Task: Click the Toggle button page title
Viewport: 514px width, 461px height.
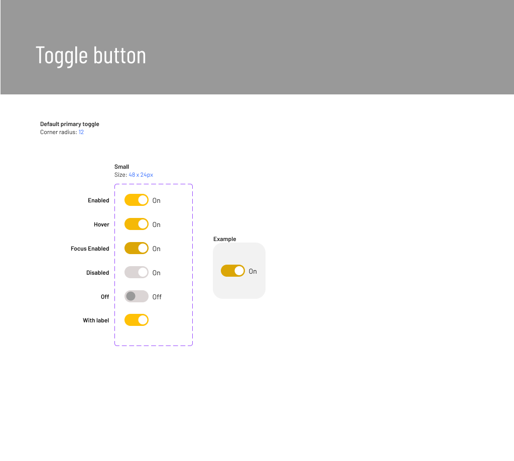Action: click(91, 55)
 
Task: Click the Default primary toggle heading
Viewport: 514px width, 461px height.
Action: click(70, 124)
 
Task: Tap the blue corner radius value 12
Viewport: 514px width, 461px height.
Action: click(81, 133)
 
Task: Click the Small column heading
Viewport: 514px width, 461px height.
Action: click(121, 167)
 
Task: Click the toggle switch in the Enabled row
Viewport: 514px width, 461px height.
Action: click(137, 200)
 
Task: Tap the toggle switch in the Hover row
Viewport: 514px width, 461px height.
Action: click(137, 224)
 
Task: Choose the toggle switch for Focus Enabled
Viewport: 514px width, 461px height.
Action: click(137, 248)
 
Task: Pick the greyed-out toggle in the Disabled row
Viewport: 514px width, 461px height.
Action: click(137, 272)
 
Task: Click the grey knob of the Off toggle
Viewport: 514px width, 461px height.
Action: click(131, 296)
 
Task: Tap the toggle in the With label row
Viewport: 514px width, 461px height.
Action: click(137, 320)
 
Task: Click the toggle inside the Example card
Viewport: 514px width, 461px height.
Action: click(233, 271)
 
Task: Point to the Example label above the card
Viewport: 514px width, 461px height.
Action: click(224, 239)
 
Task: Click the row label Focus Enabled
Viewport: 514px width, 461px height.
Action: click(90, 249)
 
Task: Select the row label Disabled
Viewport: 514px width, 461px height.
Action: click(97, 273)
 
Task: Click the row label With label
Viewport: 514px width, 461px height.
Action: click(96, 320)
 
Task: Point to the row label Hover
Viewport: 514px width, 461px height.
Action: click(101, 224)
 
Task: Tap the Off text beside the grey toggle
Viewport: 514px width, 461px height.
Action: click(157, 297)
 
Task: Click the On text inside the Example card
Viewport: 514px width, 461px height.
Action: click(252, 271)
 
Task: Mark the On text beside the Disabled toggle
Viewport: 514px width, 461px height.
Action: click(157, 273)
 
